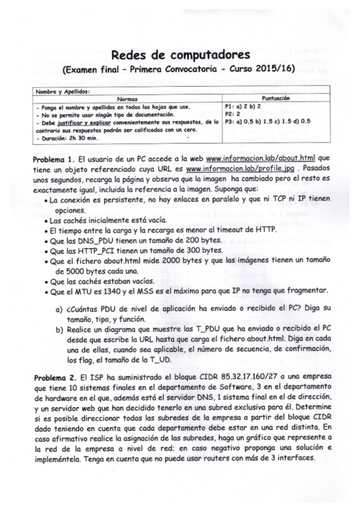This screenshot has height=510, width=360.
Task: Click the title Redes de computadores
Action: click(176, 55)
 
